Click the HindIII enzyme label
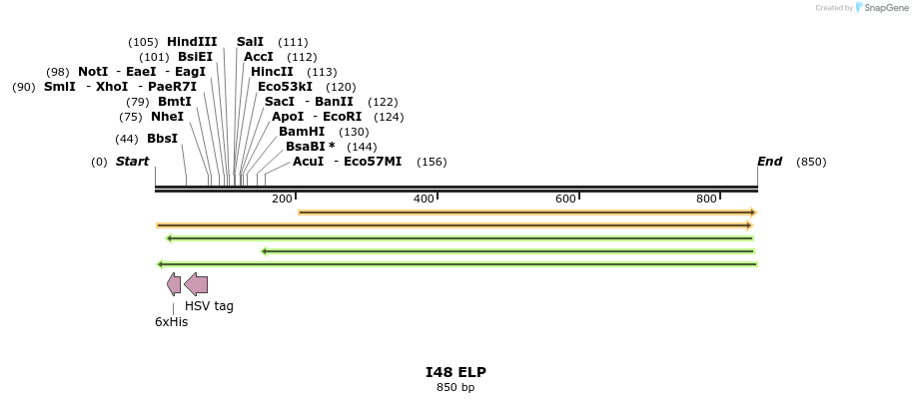(x=191, y=42)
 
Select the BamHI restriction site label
(x=302, y=132)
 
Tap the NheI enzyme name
(x=167, y=117)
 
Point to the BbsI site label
(x=162, y=139)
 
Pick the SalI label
(x=250, y=42)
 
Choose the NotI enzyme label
(x=93, y=72)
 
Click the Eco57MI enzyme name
(x=372, y=162)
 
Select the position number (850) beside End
(x=811, y=162)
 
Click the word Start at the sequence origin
(x=132, y=162)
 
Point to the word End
(x=769, y=162)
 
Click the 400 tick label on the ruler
(x=424, y=200)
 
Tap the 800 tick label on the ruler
(x=706, y=200)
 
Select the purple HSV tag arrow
(x=196, y=284)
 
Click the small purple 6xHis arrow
(x=174, y=284)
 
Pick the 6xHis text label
(x=171, y=322)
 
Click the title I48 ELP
(x=456, y=372)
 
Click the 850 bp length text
(x=456, y=387)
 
